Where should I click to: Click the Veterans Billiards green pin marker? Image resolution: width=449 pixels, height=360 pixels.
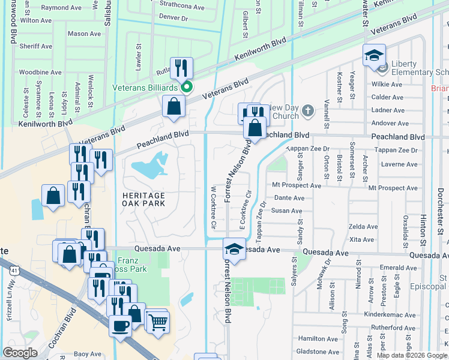point(187,88)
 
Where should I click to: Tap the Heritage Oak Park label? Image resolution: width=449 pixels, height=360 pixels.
point(144,200)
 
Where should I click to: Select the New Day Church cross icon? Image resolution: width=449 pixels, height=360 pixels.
point(307,110)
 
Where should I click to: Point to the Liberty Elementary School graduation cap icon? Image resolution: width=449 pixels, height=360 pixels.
point(374,55)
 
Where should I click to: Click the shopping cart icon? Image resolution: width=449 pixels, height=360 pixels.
point(158,322)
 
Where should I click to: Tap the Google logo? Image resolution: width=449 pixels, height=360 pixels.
point(20,353)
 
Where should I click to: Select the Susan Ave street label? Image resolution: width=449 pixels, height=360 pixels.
point(288,211)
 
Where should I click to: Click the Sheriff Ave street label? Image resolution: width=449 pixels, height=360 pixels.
point(36,46)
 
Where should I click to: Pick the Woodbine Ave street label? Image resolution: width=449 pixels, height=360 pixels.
point(40,72)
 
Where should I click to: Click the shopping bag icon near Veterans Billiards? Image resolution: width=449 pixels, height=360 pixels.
point(173,107)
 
